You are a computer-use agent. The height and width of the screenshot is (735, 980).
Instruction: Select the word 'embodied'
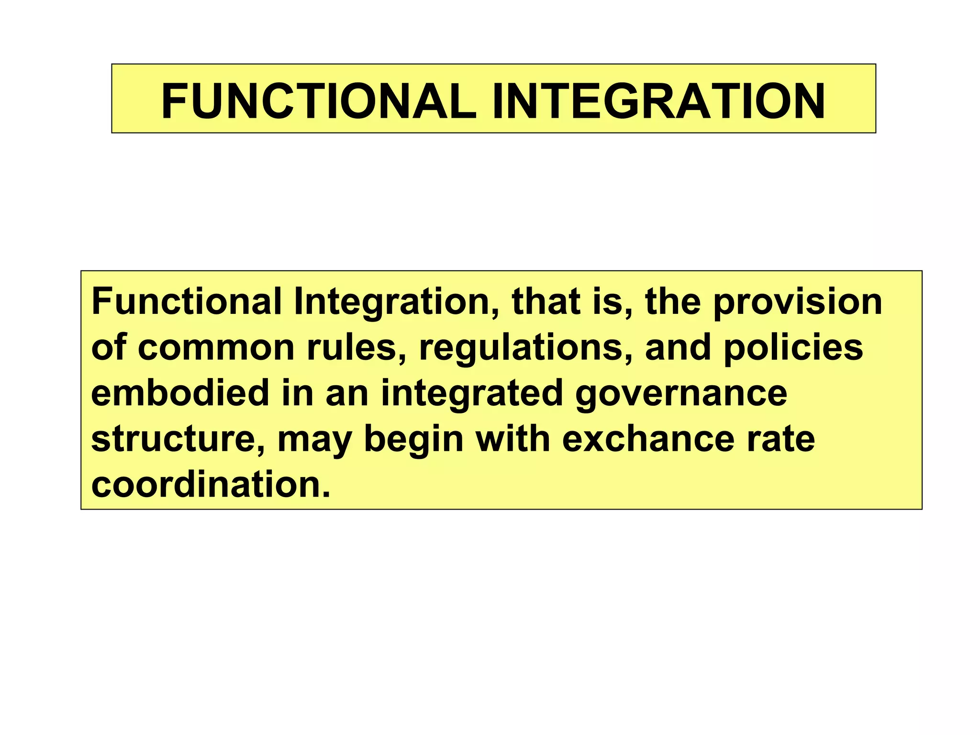180,393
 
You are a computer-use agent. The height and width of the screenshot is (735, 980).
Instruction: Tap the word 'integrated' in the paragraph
472,394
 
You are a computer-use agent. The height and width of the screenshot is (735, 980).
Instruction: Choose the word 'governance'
681,394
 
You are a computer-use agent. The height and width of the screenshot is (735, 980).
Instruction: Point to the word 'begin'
414,440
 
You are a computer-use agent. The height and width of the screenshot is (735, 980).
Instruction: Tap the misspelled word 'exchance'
648,439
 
